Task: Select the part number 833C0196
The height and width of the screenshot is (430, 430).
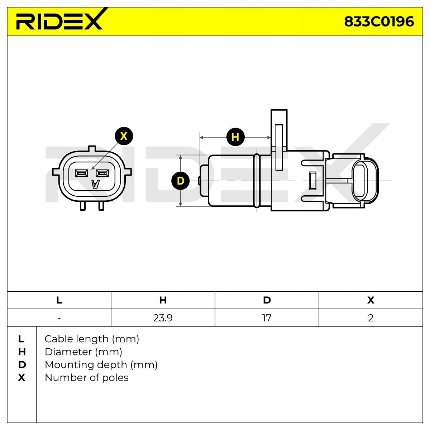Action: (x=379, y=22)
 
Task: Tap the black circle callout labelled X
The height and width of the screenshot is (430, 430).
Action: (x=124, y=136)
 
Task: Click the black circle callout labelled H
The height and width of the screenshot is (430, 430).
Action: (x=235, y=137)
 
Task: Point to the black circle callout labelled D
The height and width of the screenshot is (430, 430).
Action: (x=180, y=181)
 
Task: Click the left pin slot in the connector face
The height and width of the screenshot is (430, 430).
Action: (x=81, y=173)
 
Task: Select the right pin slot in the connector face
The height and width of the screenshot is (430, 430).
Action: (x=102, y=173)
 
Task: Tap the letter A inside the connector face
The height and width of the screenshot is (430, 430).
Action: (x=95, y=184)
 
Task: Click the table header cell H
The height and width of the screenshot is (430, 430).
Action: (x=163, y=300)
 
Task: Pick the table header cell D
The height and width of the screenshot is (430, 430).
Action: (x=267, y=300)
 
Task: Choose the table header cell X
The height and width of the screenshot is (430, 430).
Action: (x=371, y=300)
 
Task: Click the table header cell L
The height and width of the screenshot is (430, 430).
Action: (x=59, y=300)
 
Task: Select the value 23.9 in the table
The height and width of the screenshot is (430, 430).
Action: (x=163, y=318)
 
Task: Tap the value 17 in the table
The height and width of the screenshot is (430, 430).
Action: (x=267, y=318)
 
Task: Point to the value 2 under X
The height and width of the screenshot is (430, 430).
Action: (x=371, y=318)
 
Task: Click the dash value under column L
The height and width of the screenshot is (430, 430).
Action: (x=59, y=318)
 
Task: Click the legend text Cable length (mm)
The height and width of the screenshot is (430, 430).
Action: (x=92, y=339)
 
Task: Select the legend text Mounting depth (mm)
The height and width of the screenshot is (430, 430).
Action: (x=101, y=365)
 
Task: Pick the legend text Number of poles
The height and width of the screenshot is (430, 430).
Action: (x=86, y=378)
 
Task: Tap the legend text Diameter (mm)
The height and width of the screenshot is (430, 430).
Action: (x=83, y=352)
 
